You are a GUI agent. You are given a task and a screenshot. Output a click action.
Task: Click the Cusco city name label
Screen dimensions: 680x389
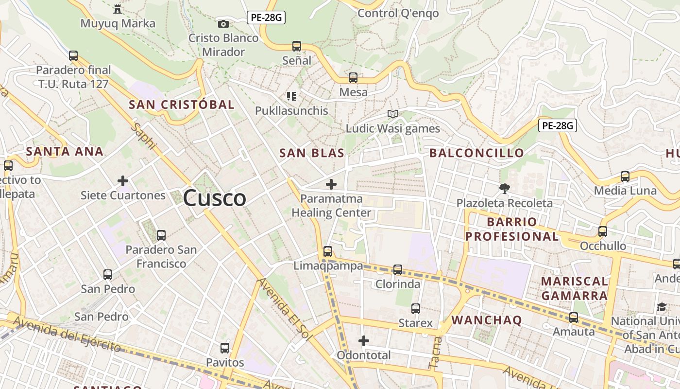coord(214,198)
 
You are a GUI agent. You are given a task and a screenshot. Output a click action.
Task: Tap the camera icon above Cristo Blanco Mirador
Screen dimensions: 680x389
coord(223,24)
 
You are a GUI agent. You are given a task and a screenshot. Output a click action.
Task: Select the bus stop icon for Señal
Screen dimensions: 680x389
coord(297,46)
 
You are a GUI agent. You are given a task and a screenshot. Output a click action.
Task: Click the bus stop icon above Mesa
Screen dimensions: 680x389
coord(353,77)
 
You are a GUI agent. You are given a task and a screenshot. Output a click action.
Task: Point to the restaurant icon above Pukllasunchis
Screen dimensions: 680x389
coord(291,96)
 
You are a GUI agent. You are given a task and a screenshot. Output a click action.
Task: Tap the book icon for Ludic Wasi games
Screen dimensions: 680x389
coord(393,114)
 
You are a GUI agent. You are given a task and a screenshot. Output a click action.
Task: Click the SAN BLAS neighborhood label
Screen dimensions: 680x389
coord(312,153)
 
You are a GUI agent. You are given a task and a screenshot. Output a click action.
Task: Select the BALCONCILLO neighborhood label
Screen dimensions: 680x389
coord(476,153)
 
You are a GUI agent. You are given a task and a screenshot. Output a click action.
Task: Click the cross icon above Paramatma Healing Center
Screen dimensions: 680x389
coord(331,184)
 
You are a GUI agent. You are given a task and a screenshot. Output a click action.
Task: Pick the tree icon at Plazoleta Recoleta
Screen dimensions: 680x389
coord(505,188)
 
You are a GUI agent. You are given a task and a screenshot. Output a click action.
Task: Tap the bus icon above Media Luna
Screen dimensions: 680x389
coord(625,176)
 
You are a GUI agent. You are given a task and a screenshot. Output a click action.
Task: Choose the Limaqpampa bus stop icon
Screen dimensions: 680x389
coord(328,251)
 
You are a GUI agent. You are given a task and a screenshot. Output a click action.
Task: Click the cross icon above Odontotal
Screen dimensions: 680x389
coord(364,341)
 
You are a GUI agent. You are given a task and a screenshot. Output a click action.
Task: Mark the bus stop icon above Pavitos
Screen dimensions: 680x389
coord(224,348)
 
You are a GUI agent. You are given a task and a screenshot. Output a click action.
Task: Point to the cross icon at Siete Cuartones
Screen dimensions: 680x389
coord(123,181)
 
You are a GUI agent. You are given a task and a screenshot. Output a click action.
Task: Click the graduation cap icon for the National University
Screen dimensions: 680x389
coord(662,307)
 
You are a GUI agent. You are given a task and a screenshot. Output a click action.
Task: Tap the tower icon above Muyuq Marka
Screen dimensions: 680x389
coord(117,9)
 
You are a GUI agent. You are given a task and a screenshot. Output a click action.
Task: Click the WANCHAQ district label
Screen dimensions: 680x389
coord(487,320)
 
